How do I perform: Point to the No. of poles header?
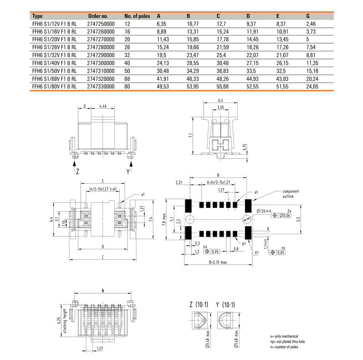(137, 16)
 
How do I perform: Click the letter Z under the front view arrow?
(78, 172)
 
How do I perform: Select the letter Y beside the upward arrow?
(128, 172)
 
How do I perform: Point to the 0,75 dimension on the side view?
(245, 147)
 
